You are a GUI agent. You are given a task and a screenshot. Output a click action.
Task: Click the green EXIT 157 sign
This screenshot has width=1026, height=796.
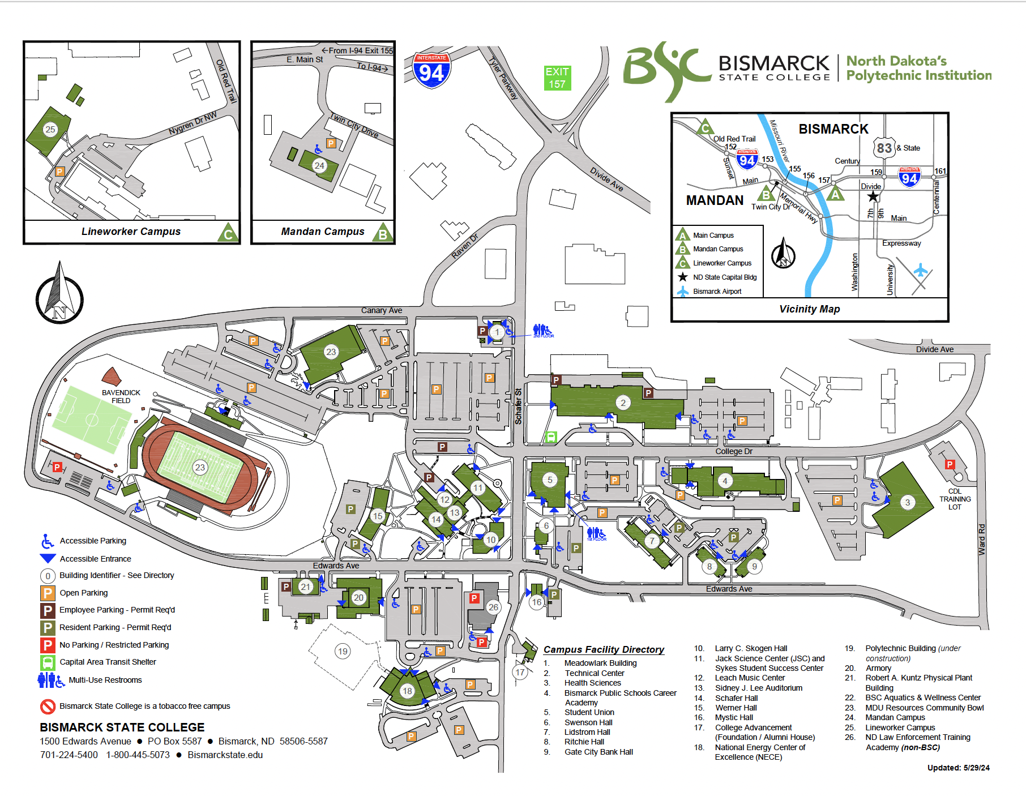(x=557, y=78)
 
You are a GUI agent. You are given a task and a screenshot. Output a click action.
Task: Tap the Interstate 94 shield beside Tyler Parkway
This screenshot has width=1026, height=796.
(x=431, y=70)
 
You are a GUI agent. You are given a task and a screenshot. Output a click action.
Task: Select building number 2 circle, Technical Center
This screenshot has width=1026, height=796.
(x=623, y=403)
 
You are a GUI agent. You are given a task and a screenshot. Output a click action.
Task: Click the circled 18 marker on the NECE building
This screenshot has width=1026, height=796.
(x=407, y=691)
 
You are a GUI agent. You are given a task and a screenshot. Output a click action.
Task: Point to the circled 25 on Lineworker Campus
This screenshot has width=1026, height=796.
(x=50, y=129)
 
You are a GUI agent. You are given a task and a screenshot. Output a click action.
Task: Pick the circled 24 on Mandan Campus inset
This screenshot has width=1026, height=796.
(x=319, y=165)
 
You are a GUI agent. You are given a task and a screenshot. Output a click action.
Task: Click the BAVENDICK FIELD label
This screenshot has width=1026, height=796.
(x=121, y=396)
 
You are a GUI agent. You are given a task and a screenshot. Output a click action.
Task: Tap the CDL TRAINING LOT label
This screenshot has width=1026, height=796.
(x=955, y=499)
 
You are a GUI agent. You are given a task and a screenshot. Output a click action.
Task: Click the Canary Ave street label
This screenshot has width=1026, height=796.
(x=382, y=310)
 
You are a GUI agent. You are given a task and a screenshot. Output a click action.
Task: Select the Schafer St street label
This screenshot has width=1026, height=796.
(x=518, y=406)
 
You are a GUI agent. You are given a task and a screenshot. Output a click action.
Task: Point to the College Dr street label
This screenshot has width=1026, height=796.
(x=734, y=451)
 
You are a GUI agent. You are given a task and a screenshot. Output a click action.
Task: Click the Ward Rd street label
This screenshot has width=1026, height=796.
(x=982, y=539)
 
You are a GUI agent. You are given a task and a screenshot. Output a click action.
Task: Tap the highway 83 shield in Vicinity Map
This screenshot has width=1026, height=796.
(x=884, y=148)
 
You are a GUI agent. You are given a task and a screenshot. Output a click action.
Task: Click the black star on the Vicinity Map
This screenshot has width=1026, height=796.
(x=873, y=196)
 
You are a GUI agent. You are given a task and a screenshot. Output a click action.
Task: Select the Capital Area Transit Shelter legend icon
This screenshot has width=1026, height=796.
(x=48, y=662)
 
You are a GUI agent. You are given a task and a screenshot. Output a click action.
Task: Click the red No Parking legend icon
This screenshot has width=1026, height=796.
(x=48, y=645)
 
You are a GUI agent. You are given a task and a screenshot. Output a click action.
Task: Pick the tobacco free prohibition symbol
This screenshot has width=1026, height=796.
(x=48, y=706)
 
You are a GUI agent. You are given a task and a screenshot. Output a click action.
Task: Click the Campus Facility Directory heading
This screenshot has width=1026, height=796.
(x=604, y=649)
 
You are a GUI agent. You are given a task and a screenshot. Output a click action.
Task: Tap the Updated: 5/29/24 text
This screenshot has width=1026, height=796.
(x=958, y=768)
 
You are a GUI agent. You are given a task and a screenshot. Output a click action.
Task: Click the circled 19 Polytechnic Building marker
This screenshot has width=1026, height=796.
(x=343, y=651)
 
